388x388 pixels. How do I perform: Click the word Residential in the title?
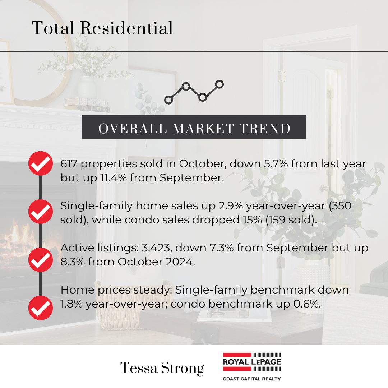[x=126, y=28]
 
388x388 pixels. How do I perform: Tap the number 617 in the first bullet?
[x=69, y=164]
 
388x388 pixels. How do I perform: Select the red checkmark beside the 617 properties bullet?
[x=41, y=163]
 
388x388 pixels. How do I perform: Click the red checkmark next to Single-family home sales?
[x=41, y=212]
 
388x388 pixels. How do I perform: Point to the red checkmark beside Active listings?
[x=41, y=260]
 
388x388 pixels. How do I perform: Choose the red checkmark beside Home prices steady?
[x=41, y=308]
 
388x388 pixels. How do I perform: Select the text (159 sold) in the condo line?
[x=291, y=220]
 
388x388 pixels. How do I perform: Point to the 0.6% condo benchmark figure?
[x=307, y=304]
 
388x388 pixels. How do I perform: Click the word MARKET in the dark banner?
[x=203, y=128]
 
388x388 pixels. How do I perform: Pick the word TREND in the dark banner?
[x=265, y=128]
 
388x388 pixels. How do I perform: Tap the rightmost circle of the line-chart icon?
[x=219, y=84]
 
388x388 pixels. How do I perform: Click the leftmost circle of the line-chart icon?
[x=168, y=100]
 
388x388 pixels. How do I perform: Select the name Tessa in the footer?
[x=139, y=368]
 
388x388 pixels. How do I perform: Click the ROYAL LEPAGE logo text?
[x=252, y=362]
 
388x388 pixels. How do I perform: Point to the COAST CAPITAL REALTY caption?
[x=252, y=379]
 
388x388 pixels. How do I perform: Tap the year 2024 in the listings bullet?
[x=180, y=262]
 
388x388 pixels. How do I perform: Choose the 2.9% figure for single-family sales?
[x=231, y=206]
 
